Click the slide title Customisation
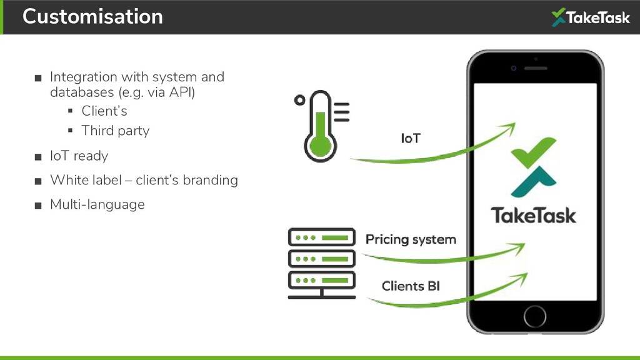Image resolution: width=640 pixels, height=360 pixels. pos(92,16)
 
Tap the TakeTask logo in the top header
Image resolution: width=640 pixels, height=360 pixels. pos(590,17)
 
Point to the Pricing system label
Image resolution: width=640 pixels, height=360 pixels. pos(411,239)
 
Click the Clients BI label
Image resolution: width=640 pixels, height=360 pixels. pos(411,286)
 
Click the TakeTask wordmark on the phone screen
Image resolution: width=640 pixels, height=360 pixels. pos(533,216)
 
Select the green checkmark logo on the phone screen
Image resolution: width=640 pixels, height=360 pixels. pos(533,166)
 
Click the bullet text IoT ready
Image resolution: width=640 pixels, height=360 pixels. pos(79,156)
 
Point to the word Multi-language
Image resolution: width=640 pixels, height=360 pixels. pos(97,204)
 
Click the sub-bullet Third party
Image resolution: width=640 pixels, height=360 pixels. pos(116,131)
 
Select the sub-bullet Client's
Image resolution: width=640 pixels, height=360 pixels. pos(104,111)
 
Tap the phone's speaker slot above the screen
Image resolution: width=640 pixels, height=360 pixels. pos(536,67)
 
